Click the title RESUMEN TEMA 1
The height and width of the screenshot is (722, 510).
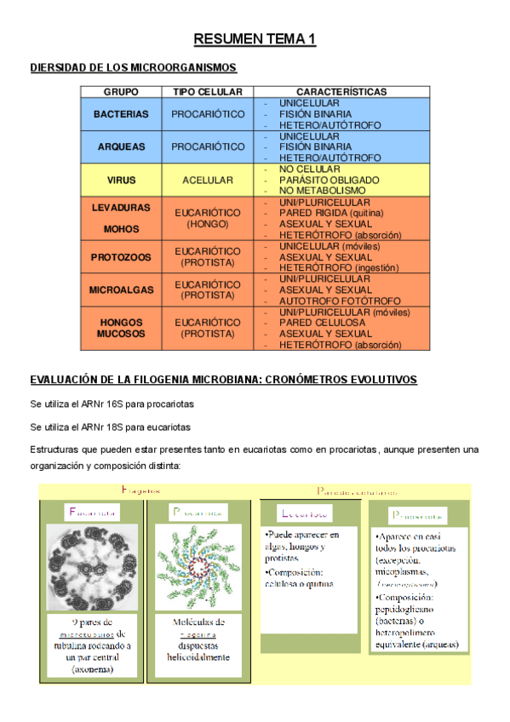[255, 39]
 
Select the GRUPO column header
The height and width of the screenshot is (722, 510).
[121, 91]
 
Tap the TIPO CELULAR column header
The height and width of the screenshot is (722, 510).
[207, 91]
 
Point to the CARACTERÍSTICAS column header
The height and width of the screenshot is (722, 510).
[341, 91]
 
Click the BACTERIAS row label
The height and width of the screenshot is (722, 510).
[121, 114]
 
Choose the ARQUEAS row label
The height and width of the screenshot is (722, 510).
[121, 146]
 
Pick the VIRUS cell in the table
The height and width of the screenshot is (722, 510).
[121, 180]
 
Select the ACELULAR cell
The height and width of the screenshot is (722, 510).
[207, 180]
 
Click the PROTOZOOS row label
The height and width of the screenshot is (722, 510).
[121, 257]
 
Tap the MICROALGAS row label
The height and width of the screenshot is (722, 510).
[121, 290]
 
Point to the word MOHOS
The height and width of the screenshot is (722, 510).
[121, 229]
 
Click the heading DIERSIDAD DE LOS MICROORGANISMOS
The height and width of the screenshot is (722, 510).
[133, 67]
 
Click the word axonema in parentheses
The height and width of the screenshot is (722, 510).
[93, 670]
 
